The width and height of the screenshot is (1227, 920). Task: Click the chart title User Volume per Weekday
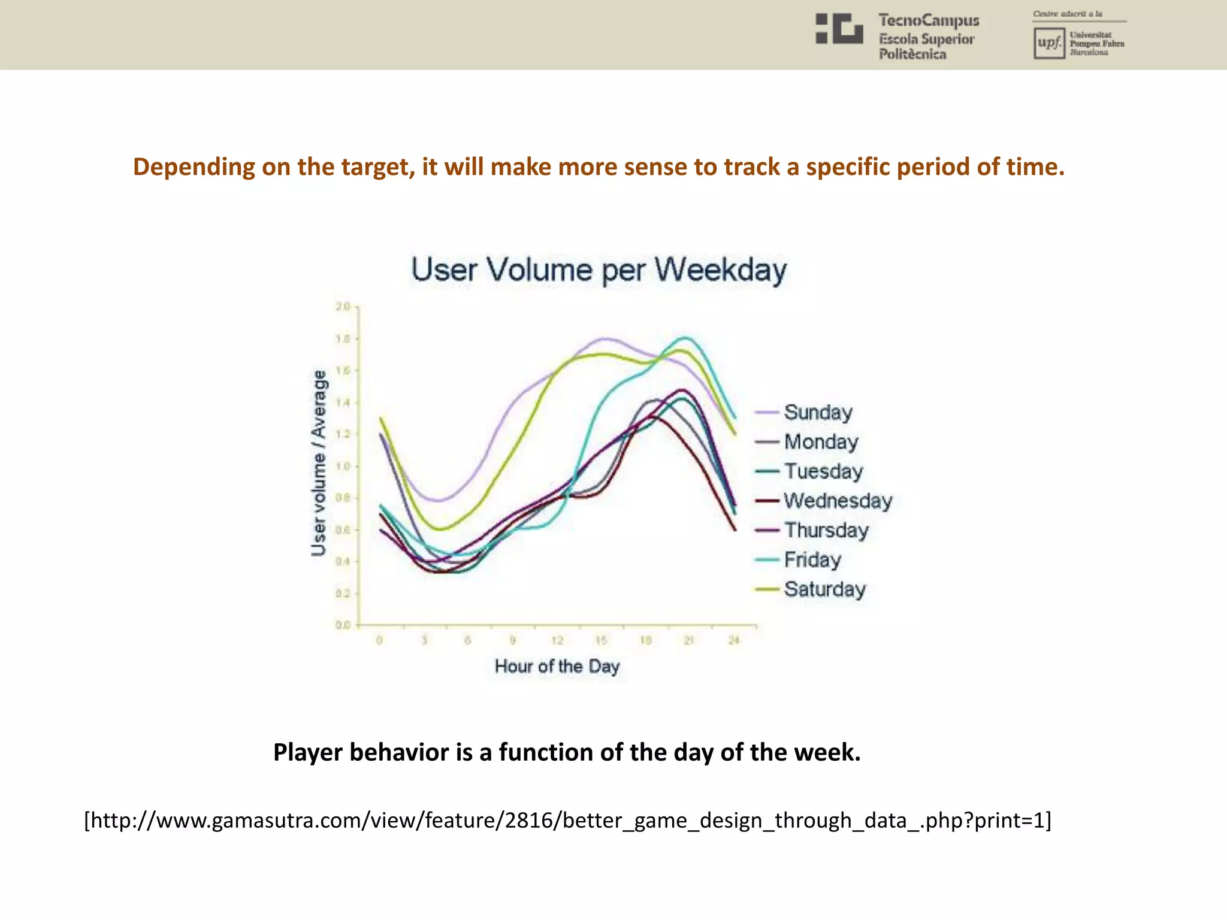pyautogui.click(x=599, y=270)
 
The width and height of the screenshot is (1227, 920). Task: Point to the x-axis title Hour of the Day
pyautogui.click(x=557, y=667)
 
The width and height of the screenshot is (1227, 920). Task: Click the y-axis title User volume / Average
pyautogui.click(x=319, y=463)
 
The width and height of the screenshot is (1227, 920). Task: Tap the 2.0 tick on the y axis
pyautogui.click(x=342, y=307)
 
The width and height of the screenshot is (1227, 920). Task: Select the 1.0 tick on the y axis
pyautogui.click(x=342, y=466)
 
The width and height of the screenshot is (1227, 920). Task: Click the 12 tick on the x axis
pyautogui.click(x=557, y=640)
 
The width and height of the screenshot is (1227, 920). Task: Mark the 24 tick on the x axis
pyautogui.click(x=734, y=640)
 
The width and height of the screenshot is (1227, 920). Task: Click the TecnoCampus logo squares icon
pyautogui.click(x=839, y=29)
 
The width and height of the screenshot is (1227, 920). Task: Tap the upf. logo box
pyautogui.click(x=1049, y=43)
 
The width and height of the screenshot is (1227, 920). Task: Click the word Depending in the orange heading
pyautogui.click(x=193, y=167)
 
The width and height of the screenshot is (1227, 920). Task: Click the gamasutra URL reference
pyautogui.click(x=567, y=820)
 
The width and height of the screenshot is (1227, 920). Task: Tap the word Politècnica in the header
pyautogui.click(x=912, y=55)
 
